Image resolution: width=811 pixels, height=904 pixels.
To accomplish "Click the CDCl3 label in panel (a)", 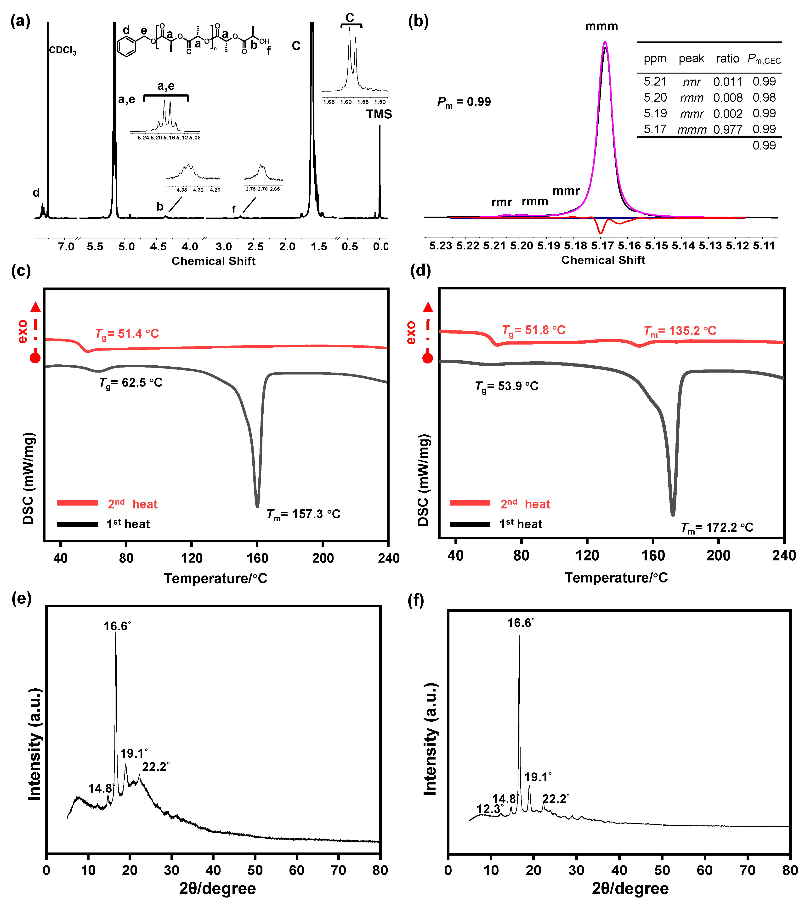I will (x=62, y=50).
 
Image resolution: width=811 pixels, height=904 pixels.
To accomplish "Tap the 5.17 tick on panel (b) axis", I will (x=602, y=246).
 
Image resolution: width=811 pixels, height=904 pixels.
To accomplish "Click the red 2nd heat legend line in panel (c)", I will (x=78, y=503).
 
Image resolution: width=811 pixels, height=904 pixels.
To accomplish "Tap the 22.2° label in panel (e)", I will (x=155, y=767).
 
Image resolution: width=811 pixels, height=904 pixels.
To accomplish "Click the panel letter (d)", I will (x=419, y=271).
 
